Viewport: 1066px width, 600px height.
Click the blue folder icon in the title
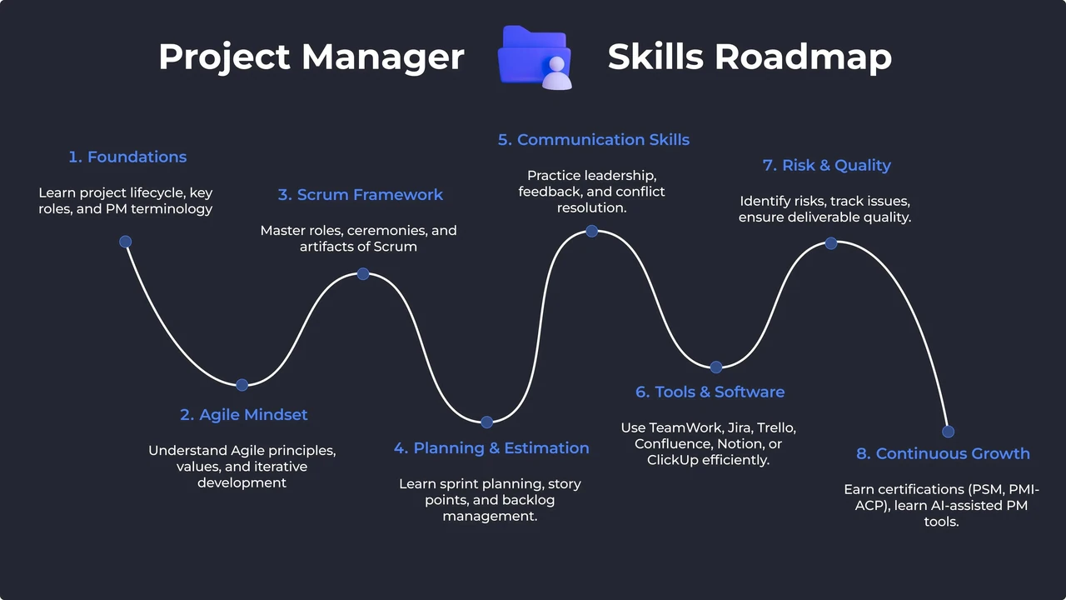[534, 57]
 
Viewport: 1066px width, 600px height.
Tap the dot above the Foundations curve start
[125, 242]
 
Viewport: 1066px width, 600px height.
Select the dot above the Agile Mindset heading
[242, 385]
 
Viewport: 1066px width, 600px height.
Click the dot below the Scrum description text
[363, 274]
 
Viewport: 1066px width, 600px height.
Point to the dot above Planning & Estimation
[487, 422]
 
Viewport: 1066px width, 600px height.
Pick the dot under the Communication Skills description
[591, 232]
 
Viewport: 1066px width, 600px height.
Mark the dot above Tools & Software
[716, 367]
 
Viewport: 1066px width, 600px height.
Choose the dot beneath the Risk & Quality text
[831, 243]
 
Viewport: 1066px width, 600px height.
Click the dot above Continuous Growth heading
[948, 432]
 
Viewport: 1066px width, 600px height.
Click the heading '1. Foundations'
[127, 157]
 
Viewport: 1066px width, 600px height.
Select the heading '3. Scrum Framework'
[361, 195]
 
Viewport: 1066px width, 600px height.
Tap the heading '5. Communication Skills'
[594, 139]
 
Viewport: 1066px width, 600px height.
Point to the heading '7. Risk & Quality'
[827, 165]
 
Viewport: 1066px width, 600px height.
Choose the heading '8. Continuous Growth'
[943, 453]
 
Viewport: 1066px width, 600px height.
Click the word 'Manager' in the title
[383, 58]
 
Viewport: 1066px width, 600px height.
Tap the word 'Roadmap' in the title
[803, 57]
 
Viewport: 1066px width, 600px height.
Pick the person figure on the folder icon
[557, 72]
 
